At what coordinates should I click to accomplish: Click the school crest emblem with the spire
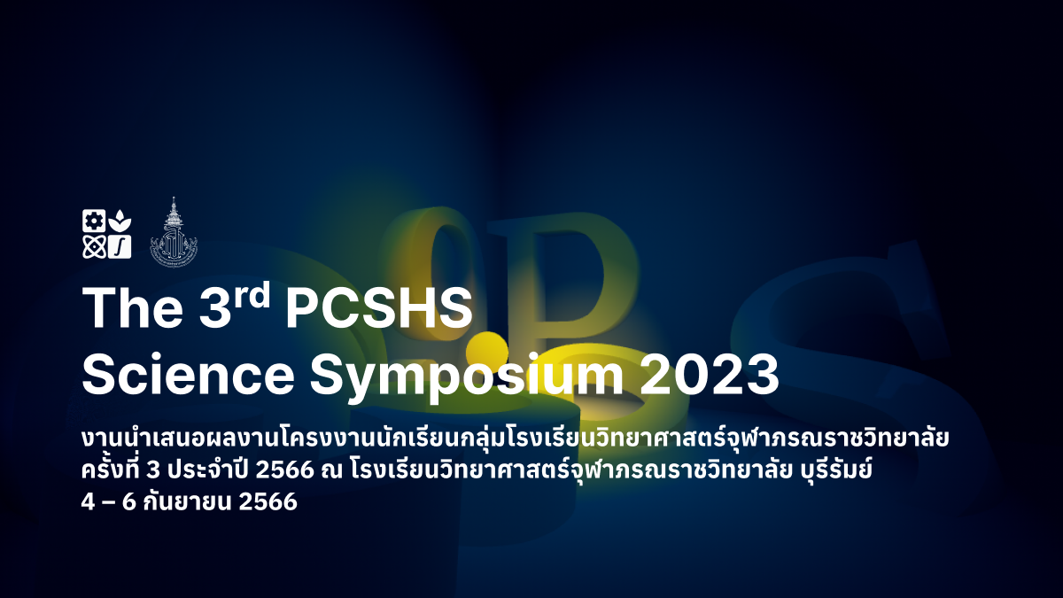[x=174, y=232]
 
